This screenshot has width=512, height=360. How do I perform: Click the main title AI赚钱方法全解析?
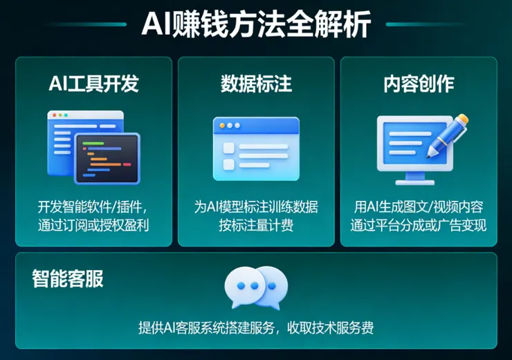tap(256, 25)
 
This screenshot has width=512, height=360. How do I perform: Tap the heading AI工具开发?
tap(94, 84)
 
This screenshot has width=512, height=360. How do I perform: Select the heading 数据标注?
tap(256, 84)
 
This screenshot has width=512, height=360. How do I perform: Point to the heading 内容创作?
tap(419, 84)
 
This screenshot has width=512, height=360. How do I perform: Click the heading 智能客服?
tap(68, 279)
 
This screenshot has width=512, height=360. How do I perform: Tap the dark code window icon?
tap(107, 158)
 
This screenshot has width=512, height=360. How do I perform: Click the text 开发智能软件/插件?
tap(93, 206)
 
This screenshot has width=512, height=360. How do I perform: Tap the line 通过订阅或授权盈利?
tap(93, 225)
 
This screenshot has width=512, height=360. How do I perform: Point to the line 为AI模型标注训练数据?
tap(256, 206)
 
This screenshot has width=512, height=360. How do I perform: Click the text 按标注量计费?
tap(256, 225)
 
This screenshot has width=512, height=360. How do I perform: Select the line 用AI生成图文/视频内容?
tap(419, 206)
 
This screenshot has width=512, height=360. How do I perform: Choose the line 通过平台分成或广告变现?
tap(419, 225)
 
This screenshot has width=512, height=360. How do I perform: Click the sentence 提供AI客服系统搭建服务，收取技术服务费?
tap(256, 328)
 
